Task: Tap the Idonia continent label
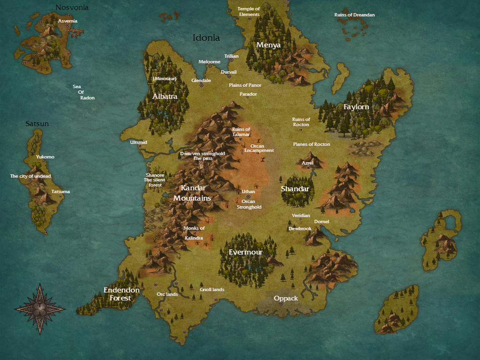(x=206, y=38)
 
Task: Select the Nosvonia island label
(x=72, y=7)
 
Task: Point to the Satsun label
(x=37, y=124)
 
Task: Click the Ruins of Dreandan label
(x=354, y=15)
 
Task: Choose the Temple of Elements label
(x=249, y=12)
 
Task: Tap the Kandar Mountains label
(x=192, y=193)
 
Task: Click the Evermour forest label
(x=245, y=252)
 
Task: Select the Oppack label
(x=285, y=298)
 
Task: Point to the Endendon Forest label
(x=121, y=294)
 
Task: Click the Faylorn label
(x=356, y=107)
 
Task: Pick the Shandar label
(x=295, y=189)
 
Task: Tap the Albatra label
(x=165, y=97)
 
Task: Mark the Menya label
(x=268, y=45)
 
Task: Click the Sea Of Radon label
(x=83, y=92)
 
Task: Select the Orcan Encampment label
(x=259, y=148)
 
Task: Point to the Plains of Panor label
(x=245, y=85)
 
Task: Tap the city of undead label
(x=30, y=176)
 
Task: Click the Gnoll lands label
(x=212, y=290)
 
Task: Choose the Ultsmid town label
(x=138, y=142)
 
